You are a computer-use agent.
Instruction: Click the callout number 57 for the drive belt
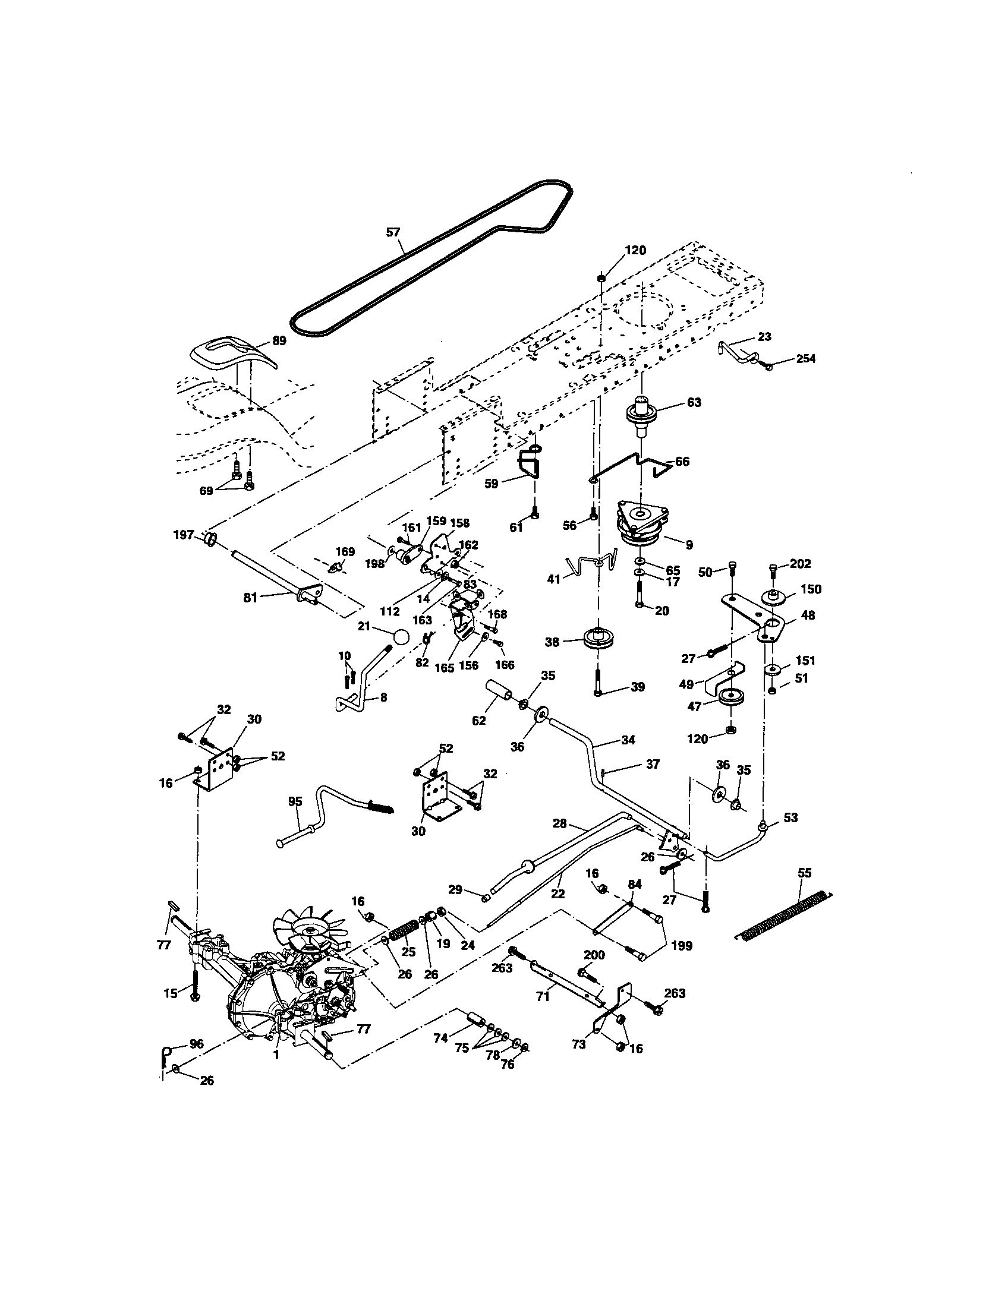(393, 232)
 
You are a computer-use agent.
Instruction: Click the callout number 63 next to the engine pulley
(694, 402)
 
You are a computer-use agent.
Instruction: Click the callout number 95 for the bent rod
(295, 801)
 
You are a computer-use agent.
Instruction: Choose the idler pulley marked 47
(730, 698)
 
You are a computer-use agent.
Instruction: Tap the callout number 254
(806, 358)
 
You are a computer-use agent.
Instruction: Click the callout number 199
(682, 946)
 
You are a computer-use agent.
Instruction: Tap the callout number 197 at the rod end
(184, 535)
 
